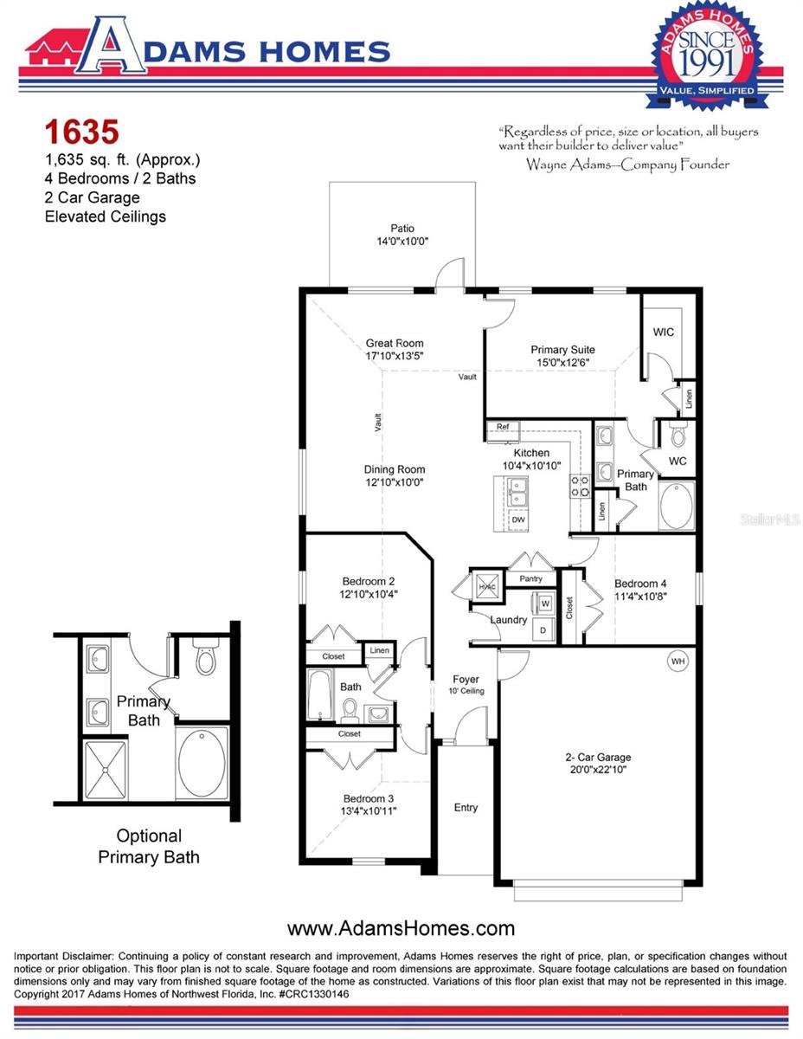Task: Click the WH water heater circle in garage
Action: (678, 662)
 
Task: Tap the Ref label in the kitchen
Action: (502, 427)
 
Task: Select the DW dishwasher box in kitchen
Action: (517, 519)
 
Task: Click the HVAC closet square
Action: (485, 586)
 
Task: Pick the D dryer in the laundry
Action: (543, 629)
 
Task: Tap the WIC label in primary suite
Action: (664, 332)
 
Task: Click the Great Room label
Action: (394, 344)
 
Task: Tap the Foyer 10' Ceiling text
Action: (466, 684)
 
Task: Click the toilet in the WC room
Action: (678, 432)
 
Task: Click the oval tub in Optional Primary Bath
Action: (202, 762)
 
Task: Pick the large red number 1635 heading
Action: (80, 132)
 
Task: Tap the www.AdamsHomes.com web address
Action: (401, 929)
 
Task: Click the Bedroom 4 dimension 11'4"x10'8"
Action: (640, 597)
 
